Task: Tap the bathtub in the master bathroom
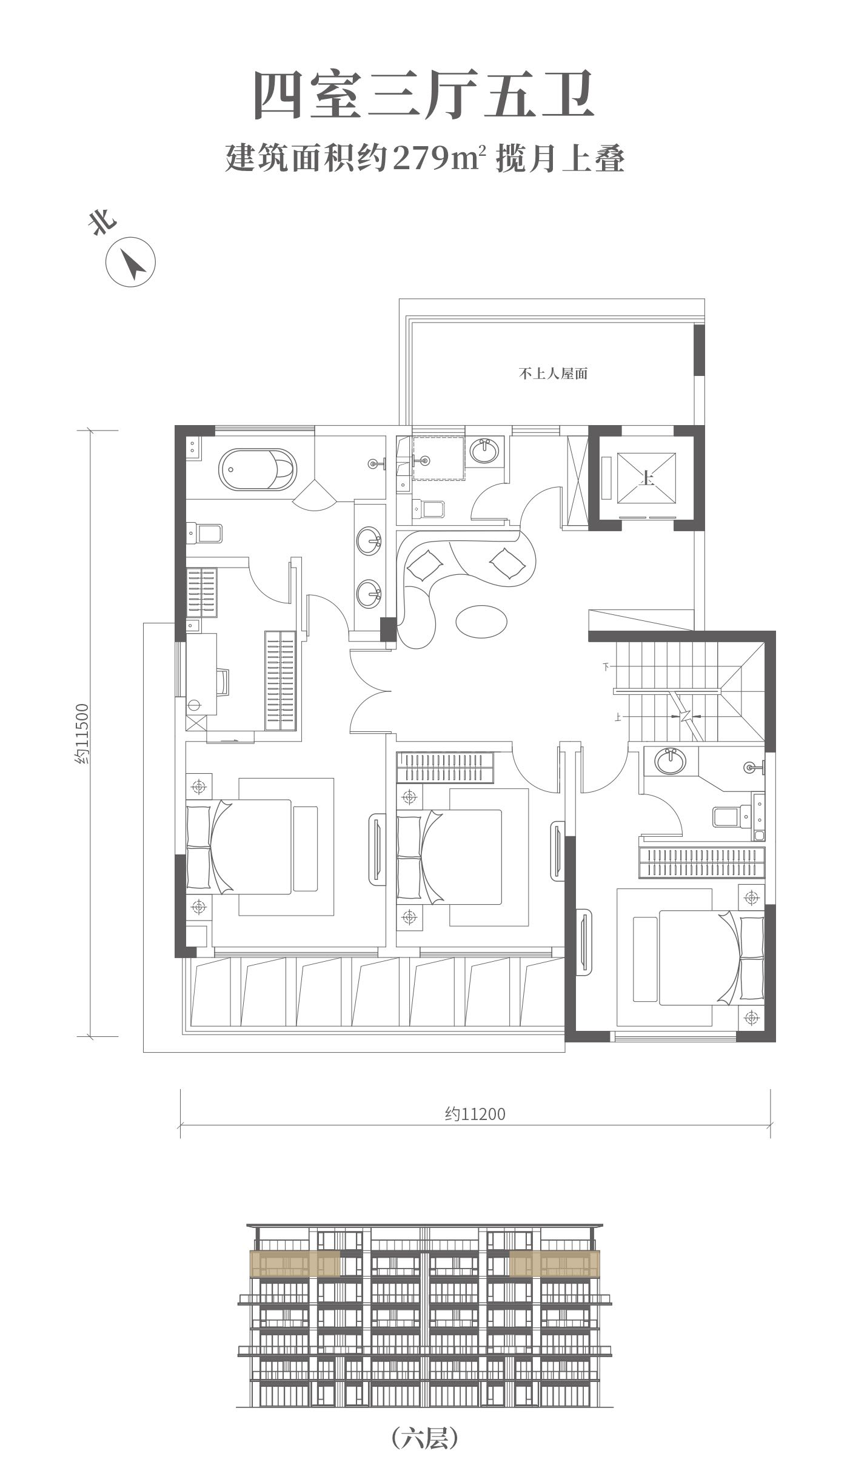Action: [x=258, y=469]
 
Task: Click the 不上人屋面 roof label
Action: [x=553, y=374]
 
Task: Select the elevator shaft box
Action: [x=646, y=478]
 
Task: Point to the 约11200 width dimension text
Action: [x=475, y=1114]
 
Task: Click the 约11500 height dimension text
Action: [x=82, y=733]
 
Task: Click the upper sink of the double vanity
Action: [x=369, y=541]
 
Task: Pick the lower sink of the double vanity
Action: [x=369, y=594]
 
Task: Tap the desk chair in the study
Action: [x=223, y=682]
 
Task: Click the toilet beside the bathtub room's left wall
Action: [x=204, y=534]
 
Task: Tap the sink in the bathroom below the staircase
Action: [x=670, y=762]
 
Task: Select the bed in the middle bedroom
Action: [x=449, y=856]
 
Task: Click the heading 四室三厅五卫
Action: [x=424, y=95]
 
